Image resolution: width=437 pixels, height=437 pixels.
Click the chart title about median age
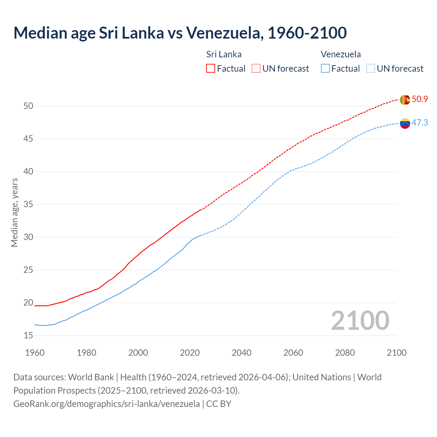coord(180,33)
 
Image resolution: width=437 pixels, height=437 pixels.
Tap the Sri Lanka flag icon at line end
coord(405,100)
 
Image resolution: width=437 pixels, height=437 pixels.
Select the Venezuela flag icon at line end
coord(405,123)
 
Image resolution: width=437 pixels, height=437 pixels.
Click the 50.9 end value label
coord(420,99)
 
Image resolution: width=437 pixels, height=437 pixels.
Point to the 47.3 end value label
coord(420,123)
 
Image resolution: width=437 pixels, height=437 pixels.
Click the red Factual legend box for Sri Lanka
coord(211,69)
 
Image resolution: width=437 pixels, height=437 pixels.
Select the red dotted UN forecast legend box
coord(256,69)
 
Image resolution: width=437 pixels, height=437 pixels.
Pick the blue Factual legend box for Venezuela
coord(325,69)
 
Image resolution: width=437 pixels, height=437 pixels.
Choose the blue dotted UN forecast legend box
coord(371,69)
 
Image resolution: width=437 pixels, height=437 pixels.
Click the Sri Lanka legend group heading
coord(224,54)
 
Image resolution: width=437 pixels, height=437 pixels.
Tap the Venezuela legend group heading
coord(341,54)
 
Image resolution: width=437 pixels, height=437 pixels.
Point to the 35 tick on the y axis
coord(28,205)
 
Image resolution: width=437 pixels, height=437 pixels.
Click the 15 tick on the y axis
coord(28,336)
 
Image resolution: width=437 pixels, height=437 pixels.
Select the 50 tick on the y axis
coord(28,106)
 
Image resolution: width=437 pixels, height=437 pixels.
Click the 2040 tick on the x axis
coord(241,353)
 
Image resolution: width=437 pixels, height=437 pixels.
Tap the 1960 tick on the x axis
coord(35,353)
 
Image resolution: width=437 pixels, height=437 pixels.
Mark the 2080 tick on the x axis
coord(345,353)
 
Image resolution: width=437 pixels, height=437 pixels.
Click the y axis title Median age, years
coord(14,212)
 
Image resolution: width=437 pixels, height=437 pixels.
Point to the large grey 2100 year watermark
coord(360,321)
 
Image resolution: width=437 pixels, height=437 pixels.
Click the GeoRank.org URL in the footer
coord(107,404)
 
